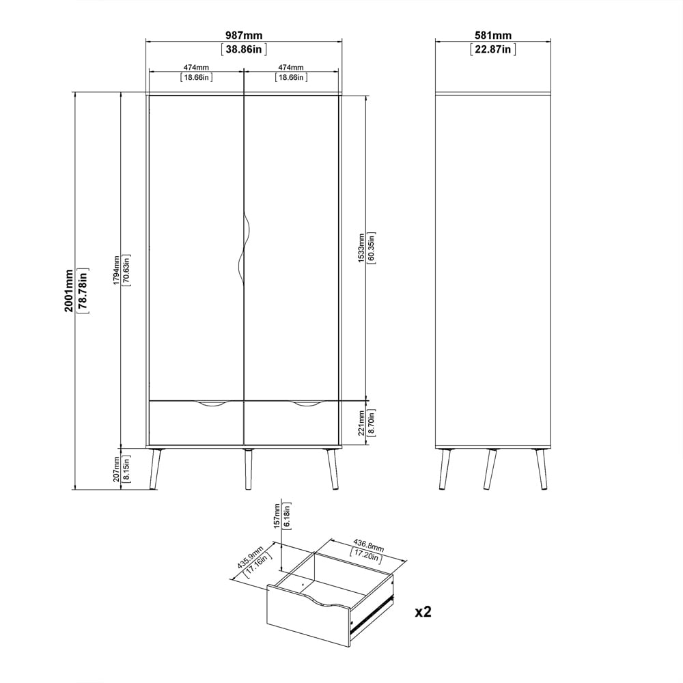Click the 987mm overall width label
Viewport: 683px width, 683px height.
click(244, 36)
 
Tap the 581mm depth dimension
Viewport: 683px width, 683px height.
click(493, 36)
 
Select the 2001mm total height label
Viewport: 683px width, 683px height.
click(69, 290)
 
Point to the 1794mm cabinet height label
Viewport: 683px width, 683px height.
click(116, 270)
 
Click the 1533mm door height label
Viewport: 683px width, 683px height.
click(361, 249)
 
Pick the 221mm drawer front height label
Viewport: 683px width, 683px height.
click(361, 423)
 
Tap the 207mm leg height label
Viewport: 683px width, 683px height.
click(116, 469)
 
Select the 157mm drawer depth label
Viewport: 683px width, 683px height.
click(277, 516)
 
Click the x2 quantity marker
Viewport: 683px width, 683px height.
click(423, 612)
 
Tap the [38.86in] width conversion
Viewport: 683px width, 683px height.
click(244, 49)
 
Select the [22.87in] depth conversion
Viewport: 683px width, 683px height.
click(493, 49)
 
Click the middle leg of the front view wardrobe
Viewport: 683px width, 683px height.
click(249, 469)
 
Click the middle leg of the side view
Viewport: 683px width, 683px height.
click(490, 469)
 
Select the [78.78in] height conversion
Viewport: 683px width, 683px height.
click(83, 290)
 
